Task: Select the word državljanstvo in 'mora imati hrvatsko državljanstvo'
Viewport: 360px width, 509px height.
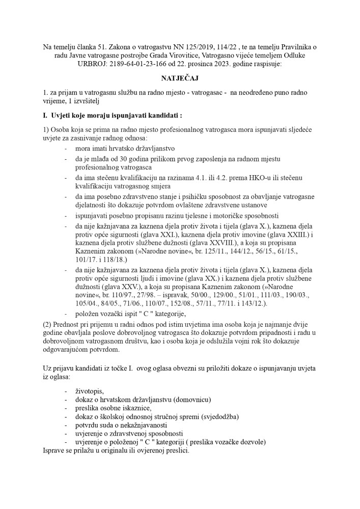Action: (x=153, y=149)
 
